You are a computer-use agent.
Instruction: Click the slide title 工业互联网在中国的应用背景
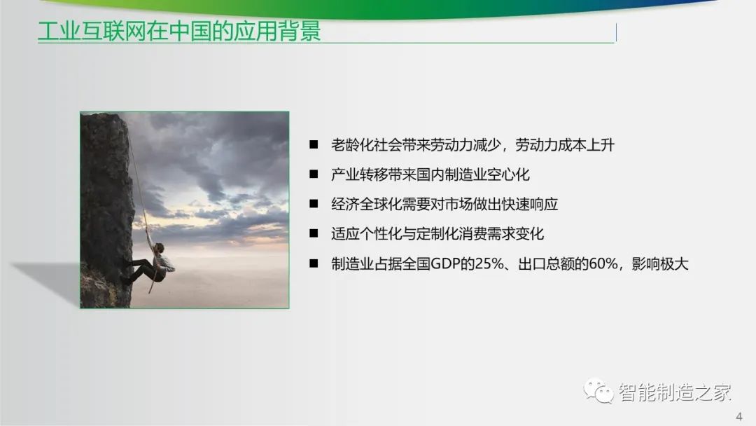179,32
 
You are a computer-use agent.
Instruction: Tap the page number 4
739,416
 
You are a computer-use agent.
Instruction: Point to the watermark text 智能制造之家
675,392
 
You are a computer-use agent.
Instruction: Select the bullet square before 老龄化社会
314,144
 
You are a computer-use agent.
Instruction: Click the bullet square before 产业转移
314,174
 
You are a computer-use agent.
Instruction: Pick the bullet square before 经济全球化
314,204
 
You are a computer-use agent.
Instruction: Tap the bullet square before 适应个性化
314,233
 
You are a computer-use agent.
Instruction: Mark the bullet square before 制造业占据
314,263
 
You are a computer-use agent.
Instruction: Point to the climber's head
160,248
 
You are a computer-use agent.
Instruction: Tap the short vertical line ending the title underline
616,32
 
